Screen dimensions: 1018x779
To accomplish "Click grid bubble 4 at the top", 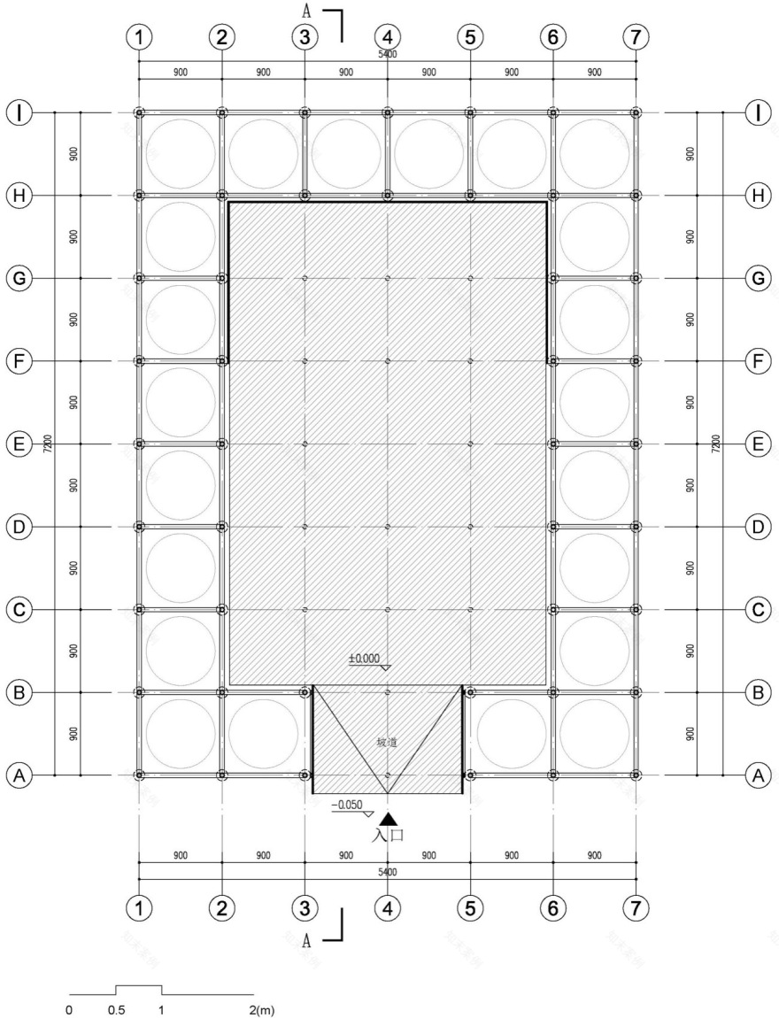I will pos(387,37).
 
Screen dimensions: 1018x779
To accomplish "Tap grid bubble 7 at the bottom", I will pos(636,907).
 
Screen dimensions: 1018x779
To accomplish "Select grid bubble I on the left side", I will pos(19,112).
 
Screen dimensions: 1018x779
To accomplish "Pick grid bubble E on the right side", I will pos(757,443).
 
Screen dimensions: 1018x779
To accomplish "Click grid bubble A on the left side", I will pos(19,775).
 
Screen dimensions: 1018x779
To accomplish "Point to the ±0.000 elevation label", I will pos(364,659).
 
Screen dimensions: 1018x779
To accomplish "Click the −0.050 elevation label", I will pos(347,805).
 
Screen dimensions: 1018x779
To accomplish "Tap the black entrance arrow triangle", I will pos(388,820).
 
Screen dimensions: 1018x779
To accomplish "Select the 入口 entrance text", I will pos(388,835).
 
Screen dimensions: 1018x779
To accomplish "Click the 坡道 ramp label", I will pos(386,742).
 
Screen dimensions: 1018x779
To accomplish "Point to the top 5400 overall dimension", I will pos(387,55).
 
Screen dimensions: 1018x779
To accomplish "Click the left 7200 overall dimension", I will pos(47,443).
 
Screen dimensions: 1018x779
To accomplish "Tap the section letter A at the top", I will pos(306,12).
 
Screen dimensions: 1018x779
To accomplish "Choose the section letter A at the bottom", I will pos(306,941).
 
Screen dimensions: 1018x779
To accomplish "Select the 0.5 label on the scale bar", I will pos(116,1009).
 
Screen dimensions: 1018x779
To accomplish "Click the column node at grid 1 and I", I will pos(139,112).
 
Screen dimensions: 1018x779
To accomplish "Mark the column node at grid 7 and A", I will pos(636,775).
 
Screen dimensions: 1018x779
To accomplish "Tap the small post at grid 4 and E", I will pos(388,443).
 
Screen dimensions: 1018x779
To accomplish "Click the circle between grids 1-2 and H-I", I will pos(181,153).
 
